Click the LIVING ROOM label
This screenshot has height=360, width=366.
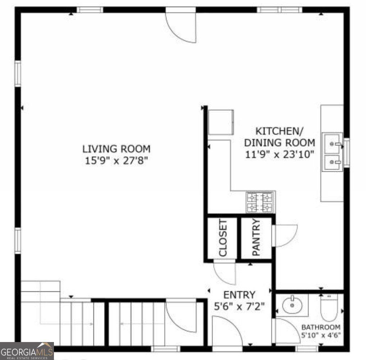[116, 148]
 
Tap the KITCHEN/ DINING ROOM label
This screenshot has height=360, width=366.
[279, 136]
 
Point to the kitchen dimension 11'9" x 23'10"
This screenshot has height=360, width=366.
[279, 154]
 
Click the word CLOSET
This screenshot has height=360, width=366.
[223, 238]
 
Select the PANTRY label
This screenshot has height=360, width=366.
[256, 238]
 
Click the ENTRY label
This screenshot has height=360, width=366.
[239, 295]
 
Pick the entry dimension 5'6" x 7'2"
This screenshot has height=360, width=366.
[239, 306]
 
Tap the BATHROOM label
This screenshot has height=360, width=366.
[321, 327]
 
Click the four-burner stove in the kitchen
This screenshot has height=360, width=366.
[260, 202]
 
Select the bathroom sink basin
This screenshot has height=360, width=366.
[292, 306]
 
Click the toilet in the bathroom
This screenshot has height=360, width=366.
[329, 308]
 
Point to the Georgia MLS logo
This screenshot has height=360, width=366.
[27, 351]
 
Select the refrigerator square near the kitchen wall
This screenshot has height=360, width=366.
[221, 123]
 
